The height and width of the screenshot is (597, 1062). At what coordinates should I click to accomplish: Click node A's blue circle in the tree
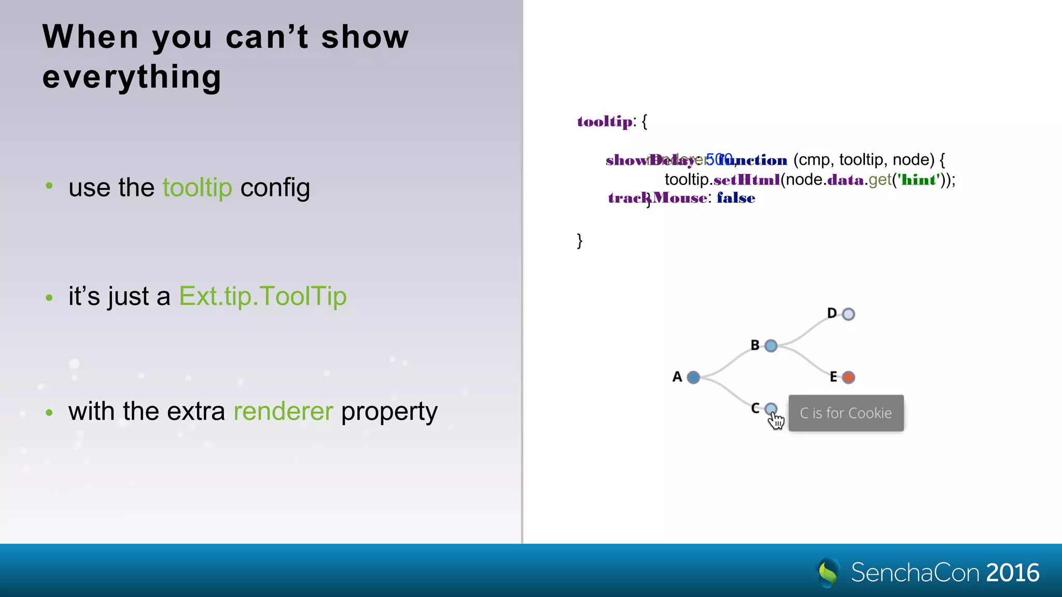click(x=693, y=377)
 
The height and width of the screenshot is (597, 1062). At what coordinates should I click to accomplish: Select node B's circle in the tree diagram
click(x=771, y=346)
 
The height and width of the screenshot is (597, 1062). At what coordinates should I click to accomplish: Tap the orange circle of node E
click(x=848, y=377)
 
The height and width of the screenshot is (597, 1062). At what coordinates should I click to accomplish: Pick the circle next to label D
click(x=848, y=314)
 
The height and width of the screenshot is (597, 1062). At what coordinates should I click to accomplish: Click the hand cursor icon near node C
click(x=776, y=421)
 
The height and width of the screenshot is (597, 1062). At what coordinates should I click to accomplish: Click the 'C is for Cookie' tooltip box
click(x=846, y=413)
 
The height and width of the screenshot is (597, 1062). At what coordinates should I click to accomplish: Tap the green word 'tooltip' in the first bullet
click(x=197, y=188)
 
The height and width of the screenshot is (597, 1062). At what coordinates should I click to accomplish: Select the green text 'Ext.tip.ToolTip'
click(x=262, y=296)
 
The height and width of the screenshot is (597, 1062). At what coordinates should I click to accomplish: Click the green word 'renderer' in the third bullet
click(x=283, y=411)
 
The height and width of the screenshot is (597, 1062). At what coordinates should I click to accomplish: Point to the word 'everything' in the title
click(x=132, y=77)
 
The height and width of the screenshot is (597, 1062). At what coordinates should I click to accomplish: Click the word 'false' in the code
click(x=736, y=198)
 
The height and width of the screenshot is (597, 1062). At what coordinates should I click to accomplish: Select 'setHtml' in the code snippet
click(x=747, y=180)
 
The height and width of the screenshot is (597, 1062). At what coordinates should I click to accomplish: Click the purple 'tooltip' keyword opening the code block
click(x=605, y=121)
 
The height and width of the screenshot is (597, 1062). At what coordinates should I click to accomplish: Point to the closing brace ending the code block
click(x=580, y=240)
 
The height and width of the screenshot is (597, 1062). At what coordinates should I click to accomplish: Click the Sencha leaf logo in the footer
click(x=828, y=572)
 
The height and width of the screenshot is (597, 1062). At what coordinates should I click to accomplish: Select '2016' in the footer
click(x=1013, y=573)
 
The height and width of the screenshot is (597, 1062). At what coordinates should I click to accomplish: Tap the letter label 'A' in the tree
click(x=677, y=377)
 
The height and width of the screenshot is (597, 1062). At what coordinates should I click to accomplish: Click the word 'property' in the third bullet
click(x=389, y=411)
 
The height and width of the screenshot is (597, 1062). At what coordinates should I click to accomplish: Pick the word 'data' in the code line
click(x=846, y=180)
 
